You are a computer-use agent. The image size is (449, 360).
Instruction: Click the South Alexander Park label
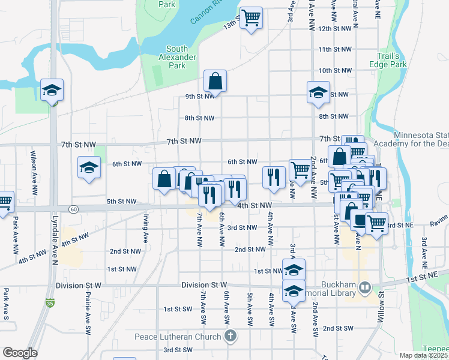click(176, 57)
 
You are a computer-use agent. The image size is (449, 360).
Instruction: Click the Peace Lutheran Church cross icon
click(230, 337)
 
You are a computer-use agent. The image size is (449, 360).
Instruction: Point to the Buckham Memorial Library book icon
click(363, 288)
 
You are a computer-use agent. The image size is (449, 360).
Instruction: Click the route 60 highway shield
click(73, 209)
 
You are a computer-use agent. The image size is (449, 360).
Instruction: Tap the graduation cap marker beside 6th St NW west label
click(89, 167)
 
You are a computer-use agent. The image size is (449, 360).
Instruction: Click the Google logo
click(20, 353)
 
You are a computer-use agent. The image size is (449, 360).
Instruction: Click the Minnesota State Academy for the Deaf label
click(411, 139)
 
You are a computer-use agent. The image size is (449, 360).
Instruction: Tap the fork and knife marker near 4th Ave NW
click(274, 176)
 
